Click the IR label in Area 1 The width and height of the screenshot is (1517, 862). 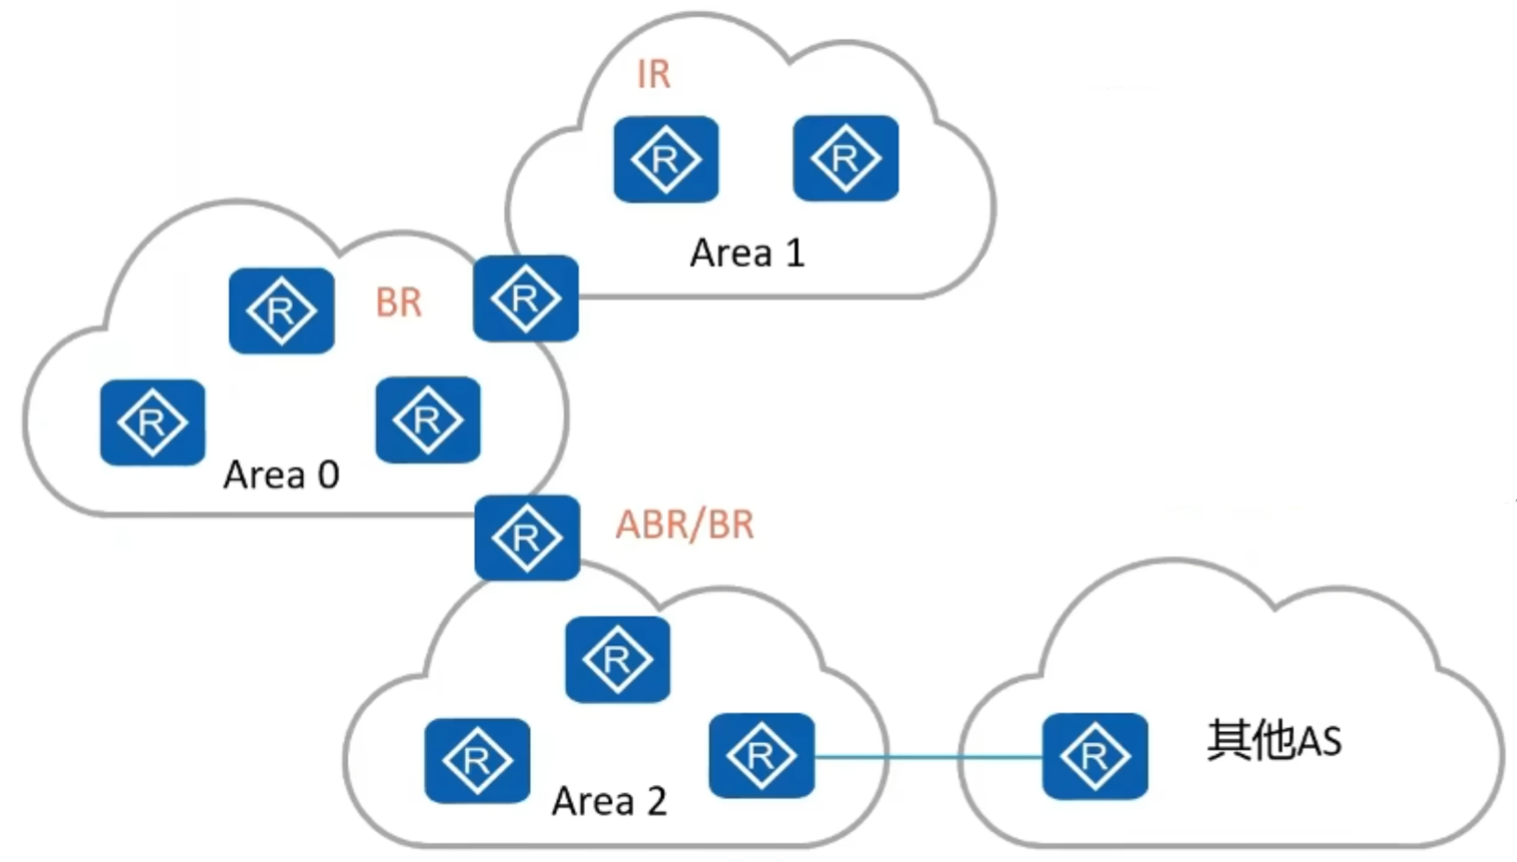point(654,74)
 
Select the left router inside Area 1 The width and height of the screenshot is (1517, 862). point(666,159)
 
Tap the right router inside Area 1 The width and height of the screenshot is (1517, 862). point(845,158)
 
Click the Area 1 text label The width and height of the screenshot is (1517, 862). point(747,253)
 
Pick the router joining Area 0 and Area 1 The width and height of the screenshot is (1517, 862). point(526,298)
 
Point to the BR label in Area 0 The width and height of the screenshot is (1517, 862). point(399,303)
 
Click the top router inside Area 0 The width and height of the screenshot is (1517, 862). point(282,311)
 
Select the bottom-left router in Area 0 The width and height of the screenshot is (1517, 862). point(153,422)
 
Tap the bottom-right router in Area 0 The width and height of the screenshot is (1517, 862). point(428,419)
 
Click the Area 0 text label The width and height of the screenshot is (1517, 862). point(281,475)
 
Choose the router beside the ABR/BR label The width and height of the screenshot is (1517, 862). point(527,537)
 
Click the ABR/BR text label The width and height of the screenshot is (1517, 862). point(685,525)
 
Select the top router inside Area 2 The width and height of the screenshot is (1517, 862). point(618,659)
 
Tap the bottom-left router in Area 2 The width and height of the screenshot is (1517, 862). point(477,761)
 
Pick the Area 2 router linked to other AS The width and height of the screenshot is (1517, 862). point(761,755)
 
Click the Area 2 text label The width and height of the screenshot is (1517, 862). point(609,801)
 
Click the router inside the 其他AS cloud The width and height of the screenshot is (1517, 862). point(1095,755)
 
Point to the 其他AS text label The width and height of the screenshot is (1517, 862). point(1274,741)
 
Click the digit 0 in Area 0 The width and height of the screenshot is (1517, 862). point(328,475)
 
